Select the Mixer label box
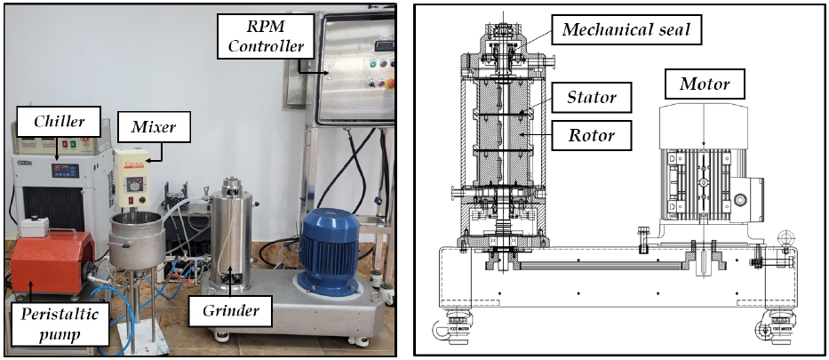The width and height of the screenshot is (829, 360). [x=147, y=127]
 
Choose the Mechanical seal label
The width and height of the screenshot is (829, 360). [x=632, y=30]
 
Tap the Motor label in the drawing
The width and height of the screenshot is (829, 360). [x=705, y=85]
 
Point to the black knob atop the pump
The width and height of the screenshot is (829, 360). [x=38, y=225]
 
